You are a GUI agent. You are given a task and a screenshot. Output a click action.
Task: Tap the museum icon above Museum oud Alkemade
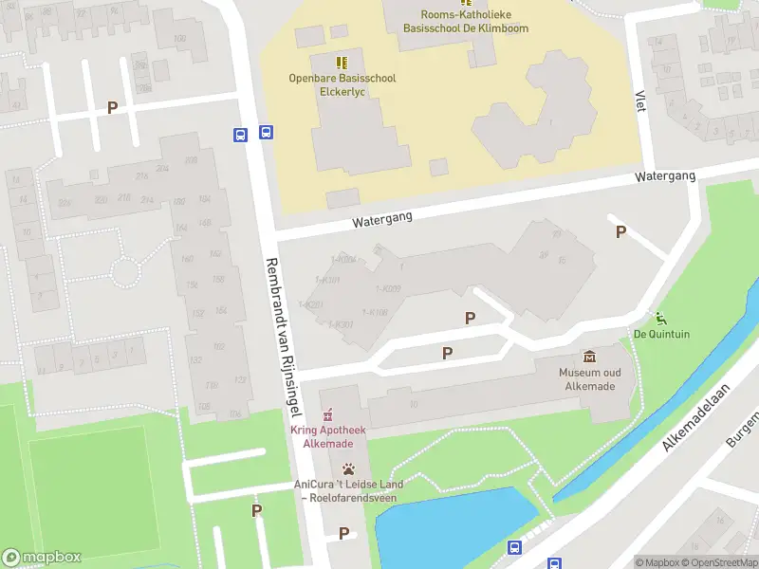click(x=590, y=357)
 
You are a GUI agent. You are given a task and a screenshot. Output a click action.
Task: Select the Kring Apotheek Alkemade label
click(x=328, y=437)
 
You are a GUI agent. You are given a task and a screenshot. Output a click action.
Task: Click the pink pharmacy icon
click(x=328, y=414)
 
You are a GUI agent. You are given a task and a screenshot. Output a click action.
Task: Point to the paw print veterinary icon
click(x=348, y=468)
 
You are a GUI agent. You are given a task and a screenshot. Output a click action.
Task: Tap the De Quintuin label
click(x=661, y=334)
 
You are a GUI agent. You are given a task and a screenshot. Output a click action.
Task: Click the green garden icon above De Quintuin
click(x=660, y=317)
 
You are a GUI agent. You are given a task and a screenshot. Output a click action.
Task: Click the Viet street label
click(x=640, y=101)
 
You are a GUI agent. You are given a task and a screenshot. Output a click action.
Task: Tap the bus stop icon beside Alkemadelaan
click(x=514, y=547)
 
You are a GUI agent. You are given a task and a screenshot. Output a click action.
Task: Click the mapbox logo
click(x=42, y=558)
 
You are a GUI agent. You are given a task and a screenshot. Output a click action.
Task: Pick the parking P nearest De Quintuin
click(x=620, y=231)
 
